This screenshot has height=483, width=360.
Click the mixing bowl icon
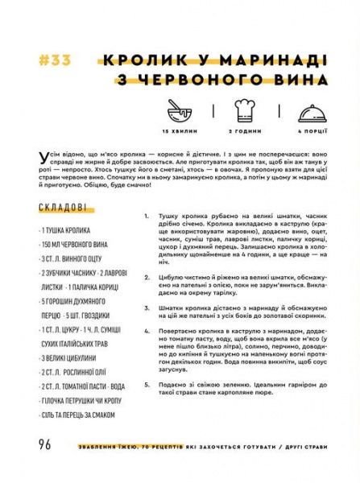click(179, 111)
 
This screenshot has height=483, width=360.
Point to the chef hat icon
click(242, 110)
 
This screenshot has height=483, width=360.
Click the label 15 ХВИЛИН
click(179, 130)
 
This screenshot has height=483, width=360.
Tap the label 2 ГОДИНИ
click(242, 130)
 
